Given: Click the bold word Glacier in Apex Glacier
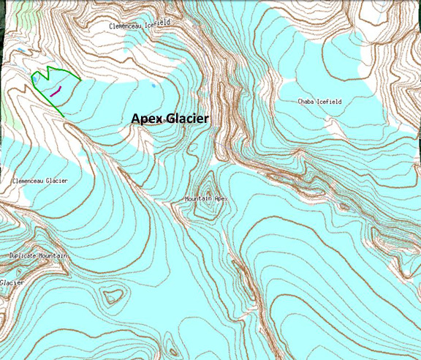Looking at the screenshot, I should coord(186,119).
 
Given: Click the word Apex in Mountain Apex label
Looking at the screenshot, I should coord(221,198).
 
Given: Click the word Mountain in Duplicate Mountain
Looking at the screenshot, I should coord(55,255).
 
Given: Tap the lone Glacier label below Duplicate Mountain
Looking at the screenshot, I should coord(11,282).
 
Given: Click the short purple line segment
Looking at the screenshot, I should coord(56,91).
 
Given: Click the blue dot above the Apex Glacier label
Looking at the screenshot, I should coord(153,86).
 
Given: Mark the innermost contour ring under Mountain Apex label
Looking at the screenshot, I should coord(207,208).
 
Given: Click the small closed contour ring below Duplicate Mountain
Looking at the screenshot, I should coord(112,296).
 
